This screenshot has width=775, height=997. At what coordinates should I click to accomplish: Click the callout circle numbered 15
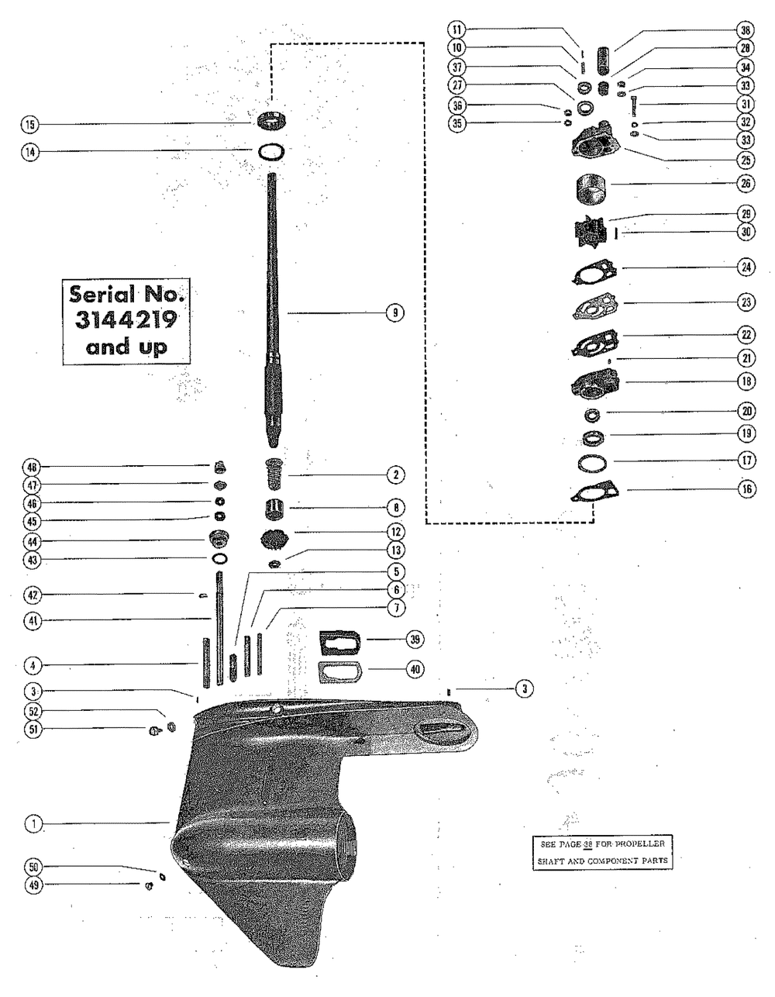(x=33, y=124)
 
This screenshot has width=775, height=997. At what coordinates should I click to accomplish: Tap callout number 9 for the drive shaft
(x=394, y=312)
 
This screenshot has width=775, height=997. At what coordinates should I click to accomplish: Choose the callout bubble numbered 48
(x=33, y=467)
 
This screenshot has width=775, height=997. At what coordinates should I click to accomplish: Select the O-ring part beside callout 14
(x=270, y=151)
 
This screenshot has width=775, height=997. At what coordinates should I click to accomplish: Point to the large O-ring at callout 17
(x=592, y=464)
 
